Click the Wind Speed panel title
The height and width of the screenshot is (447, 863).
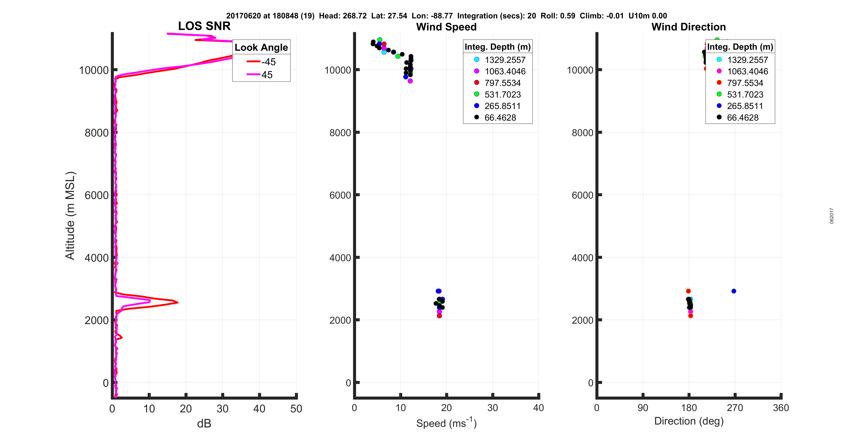pos(446,27)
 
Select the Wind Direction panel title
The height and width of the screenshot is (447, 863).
pos(689,27)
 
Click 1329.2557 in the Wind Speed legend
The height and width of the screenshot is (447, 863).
pos(505,60)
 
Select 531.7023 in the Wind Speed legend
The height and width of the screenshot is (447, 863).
pos(503,94)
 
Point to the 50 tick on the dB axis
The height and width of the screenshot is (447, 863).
pos(296,408)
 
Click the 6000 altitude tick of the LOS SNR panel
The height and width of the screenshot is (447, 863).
pos(96,195)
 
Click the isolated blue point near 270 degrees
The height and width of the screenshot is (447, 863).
pos(734,291)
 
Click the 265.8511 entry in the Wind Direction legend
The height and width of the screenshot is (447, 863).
pos(745,106)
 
